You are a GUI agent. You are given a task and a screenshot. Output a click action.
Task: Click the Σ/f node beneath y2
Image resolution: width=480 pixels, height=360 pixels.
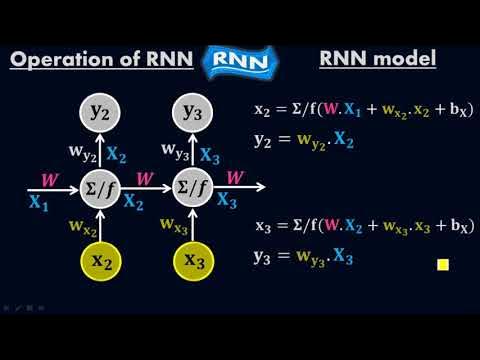click(x=100, y=186)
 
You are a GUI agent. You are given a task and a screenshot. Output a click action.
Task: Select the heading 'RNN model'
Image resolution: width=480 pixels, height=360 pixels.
click(x=377, y=59)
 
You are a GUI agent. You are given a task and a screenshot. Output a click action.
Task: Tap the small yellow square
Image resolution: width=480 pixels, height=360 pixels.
click(x=442, y=265)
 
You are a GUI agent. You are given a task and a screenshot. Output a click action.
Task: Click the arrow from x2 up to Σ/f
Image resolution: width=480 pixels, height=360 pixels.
click(x=100, y=224)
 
